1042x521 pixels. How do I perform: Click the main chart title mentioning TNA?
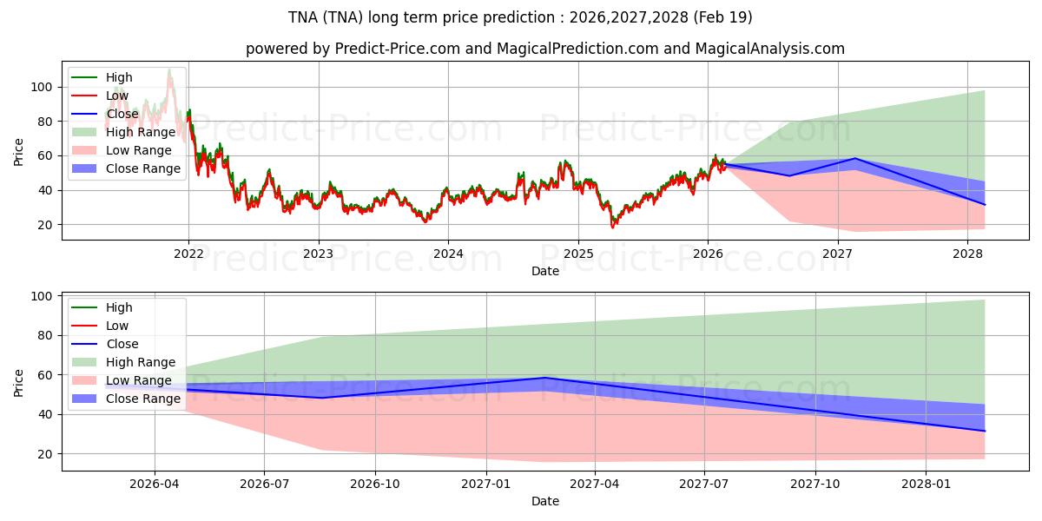coord(521,17)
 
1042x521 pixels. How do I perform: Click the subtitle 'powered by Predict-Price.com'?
coord(352,49)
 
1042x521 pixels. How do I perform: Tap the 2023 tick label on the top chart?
coord(318,254)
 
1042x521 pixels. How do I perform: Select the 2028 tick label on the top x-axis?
coord(967,254)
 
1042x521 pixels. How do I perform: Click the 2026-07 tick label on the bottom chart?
coord(265,484)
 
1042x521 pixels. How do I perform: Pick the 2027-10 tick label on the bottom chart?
coord(816,484)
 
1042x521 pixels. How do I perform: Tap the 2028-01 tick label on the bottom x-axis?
coord(927,484)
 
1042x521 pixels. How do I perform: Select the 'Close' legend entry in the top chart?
coord(122,114)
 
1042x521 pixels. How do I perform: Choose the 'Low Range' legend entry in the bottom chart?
coord(138,380)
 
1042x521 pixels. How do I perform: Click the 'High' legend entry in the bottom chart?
coord(119,307)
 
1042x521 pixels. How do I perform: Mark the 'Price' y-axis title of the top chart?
coord(19,152)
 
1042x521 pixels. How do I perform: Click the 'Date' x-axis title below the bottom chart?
coord(545,501)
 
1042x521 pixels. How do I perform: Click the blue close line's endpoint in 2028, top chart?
coord(985,205)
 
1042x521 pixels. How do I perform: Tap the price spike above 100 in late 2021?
coord(169,71)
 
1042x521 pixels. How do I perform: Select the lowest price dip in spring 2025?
coord(612,226)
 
